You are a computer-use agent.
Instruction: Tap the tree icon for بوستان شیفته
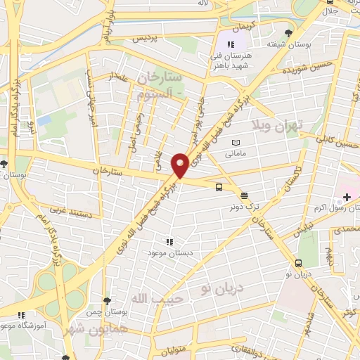coord(288,33)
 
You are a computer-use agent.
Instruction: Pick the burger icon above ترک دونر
coord(244,196)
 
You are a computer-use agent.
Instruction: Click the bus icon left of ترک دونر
coord(219,187)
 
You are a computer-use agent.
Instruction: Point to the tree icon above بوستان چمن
coord(106,300)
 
